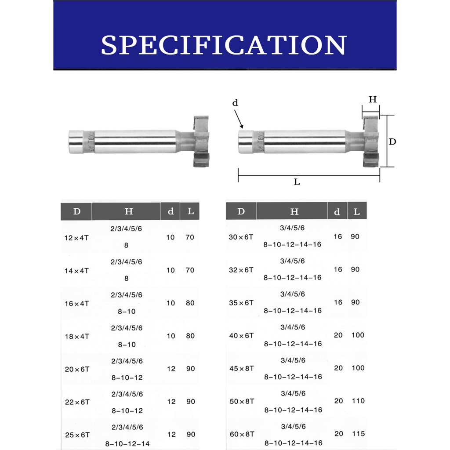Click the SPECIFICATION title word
[224, 45]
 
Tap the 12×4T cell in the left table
[76, 238]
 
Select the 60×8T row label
[242, 434]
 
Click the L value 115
[358, 434]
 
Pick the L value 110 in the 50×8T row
[358, 401]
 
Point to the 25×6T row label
[77, 435]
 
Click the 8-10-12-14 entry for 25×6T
[127, 444]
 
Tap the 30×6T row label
[241, 237]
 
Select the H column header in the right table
[294, 212]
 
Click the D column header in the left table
[76, 211]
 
